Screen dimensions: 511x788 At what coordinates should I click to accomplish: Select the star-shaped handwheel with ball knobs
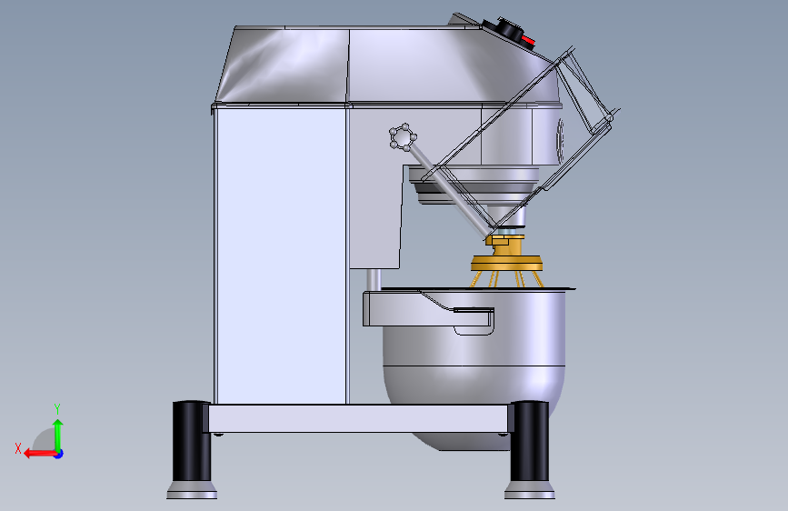[402, 138]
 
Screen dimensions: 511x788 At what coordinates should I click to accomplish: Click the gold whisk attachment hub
[506, 263]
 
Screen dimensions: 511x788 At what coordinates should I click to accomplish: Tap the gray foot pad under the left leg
[192, 492]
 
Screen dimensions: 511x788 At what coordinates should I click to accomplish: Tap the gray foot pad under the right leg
[530, 492]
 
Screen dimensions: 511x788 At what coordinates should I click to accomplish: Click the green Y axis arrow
[57, 431]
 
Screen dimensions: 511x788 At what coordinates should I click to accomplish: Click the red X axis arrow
[36, 453]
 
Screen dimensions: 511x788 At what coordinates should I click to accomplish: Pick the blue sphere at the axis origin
[58, 453]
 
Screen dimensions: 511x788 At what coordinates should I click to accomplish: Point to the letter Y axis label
[56, 408]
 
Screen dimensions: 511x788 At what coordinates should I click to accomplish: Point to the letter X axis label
[17, 447]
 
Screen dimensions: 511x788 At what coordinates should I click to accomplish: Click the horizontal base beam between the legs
[359, 418]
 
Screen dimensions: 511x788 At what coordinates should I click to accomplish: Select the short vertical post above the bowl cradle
[371, 280]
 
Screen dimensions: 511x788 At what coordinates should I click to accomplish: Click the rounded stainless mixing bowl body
[473, 373]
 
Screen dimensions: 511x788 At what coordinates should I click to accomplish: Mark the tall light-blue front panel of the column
[280, 255]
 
